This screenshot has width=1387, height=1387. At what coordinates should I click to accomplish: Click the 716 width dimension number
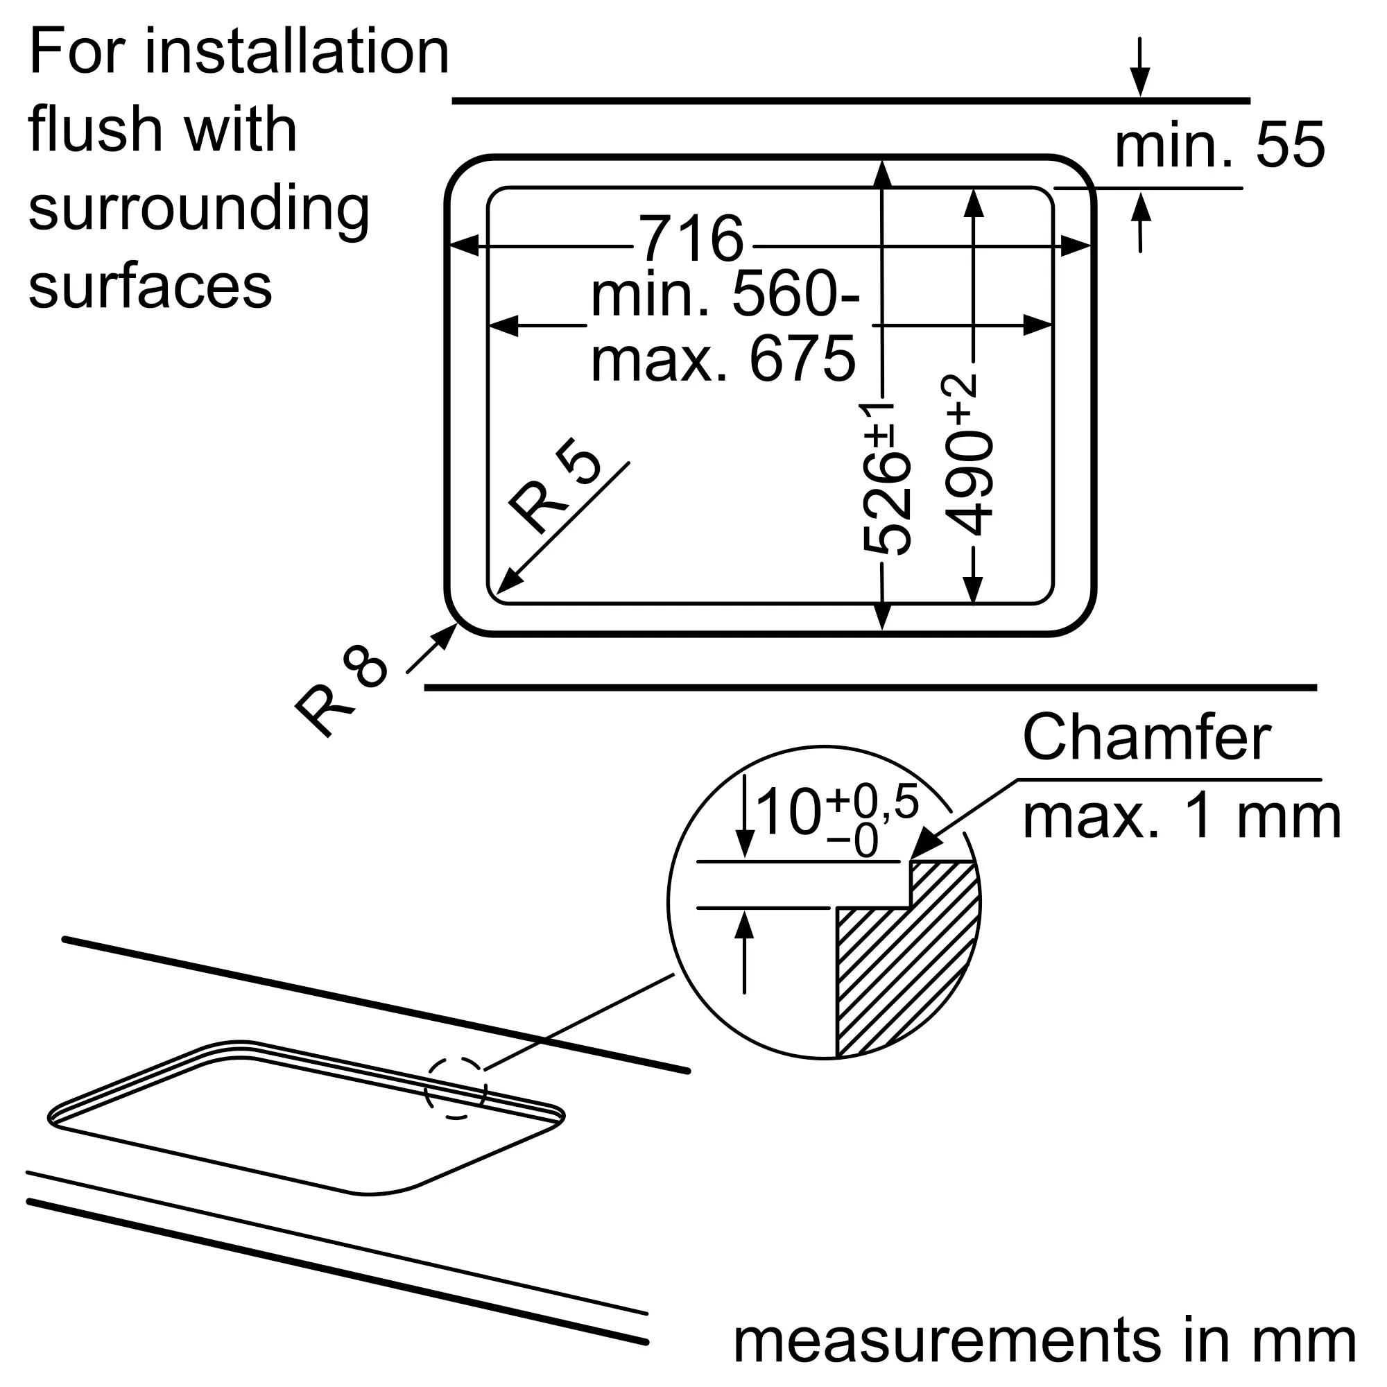click(691, 239)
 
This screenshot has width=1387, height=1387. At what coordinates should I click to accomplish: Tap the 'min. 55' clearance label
click(1218, 146)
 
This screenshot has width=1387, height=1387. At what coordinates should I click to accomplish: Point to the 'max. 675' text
click(723, 359)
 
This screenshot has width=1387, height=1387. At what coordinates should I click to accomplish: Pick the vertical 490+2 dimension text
click(967, 455)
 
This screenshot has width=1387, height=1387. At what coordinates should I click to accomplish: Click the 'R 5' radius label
click(553, 486)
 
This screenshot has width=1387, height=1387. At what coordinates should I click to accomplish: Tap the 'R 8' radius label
click(341, 691)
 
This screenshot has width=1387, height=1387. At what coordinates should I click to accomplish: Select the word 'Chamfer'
click(1146, 738)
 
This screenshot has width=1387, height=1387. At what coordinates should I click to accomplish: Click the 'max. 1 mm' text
click(1182, 817)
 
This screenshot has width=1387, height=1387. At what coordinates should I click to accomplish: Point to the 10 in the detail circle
click(788, 813)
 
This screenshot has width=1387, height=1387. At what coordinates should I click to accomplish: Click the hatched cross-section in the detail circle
click(907, 958)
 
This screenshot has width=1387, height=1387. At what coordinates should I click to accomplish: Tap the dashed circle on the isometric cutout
click(455, 1088)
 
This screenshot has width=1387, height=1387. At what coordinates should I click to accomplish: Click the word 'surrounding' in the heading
click(199, 208)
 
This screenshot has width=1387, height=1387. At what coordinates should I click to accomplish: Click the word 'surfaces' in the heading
click(150, 285)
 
